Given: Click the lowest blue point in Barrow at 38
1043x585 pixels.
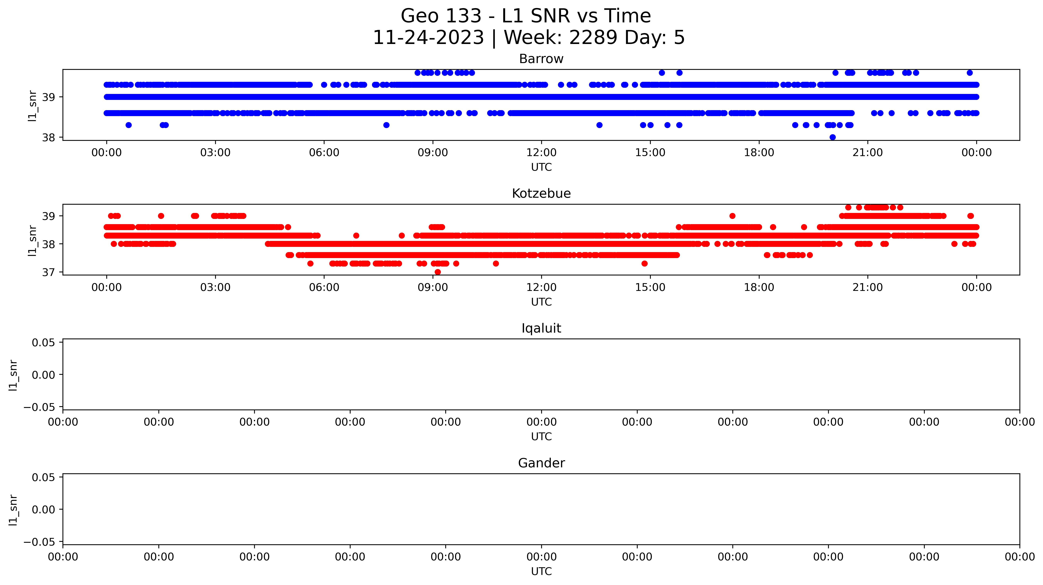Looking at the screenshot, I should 833,137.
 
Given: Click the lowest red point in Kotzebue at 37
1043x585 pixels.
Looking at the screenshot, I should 438,272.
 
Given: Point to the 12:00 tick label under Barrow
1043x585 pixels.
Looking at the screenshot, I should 541,153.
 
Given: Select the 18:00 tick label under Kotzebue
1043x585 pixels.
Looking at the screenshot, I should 759,287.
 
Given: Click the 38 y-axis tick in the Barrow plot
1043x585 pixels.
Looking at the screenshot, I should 48,138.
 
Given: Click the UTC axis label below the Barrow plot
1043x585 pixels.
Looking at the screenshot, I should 541,167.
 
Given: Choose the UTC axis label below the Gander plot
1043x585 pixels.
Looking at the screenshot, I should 541,571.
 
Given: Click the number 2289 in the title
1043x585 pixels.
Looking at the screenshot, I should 593,38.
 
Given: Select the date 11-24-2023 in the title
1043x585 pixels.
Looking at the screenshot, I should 428,38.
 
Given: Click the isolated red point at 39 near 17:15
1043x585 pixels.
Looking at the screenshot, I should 732,216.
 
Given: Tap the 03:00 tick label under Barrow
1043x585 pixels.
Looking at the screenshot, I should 215,153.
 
